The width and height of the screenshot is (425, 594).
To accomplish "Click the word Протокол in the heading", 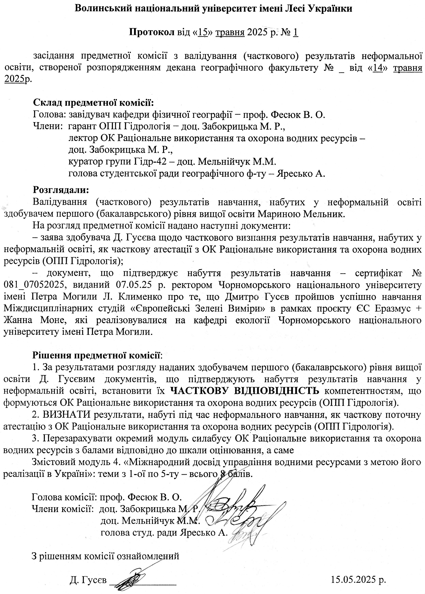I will point(152,32).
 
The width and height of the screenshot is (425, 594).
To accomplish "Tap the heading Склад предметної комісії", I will point(93,102).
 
